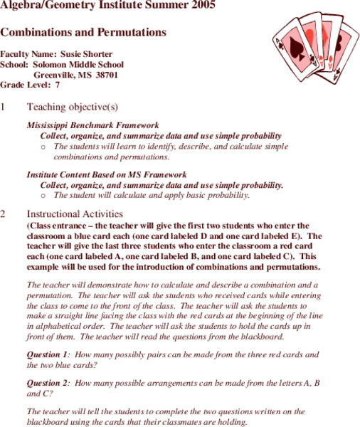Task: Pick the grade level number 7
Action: (57, 84)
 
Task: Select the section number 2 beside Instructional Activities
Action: (4, 213)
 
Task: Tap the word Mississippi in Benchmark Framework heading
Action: (50, 125)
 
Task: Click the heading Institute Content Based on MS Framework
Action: (107, 174)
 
